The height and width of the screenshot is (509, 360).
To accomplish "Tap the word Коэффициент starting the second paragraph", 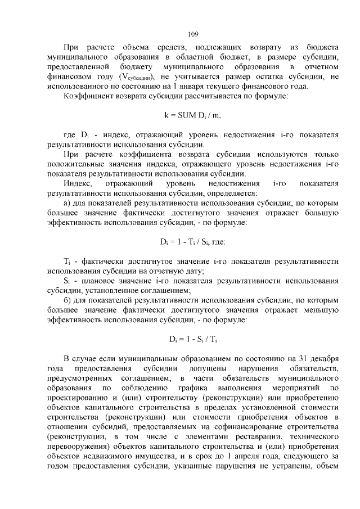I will [x=87, y=98].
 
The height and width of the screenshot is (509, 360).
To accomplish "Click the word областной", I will [x=192, y=57].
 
